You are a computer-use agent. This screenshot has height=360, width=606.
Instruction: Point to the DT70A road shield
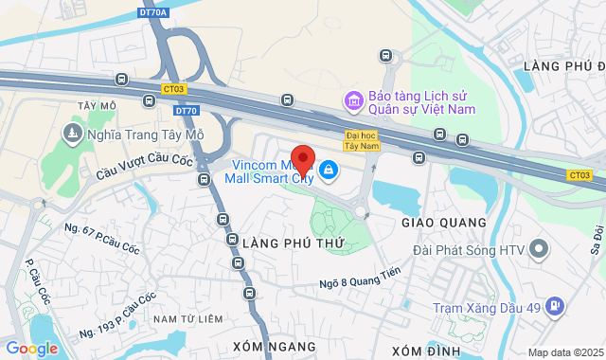155,11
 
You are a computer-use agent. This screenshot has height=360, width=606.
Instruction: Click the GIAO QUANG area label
444,223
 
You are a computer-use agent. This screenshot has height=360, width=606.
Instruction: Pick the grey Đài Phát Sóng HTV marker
539,250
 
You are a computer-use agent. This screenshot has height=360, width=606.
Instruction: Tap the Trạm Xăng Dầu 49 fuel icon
555,280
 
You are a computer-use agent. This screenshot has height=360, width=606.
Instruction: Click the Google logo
32,348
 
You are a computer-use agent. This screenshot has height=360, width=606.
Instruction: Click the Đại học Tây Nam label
361,141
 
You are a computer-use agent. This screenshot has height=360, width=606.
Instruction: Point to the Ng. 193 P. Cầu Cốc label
118,315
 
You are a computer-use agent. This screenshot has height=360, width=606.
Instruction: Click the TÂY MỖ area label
98,105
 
